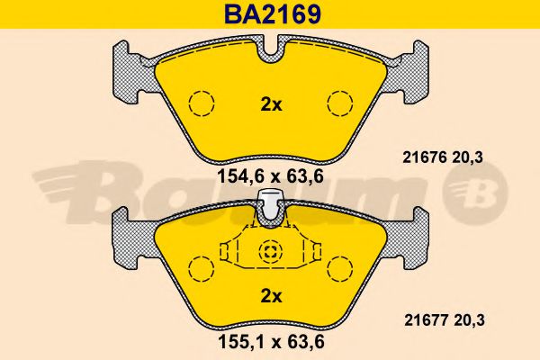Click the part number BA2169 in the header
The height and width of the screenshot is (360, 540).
coord(273,14)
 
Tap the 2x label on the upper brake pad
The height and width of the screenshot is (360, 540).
coord(271,105)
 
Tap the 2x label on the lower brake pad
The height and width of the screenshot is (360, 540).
coord(271,296)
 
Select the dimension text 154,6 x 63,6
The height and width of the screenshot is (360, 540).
coord(271,176)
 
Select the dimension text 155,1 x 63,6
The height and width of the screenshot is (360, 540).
coord(272,342)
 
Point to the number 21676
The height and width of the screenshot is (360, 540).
coord(425,157)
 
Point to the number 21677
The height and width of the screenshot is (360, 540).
coord(426,320)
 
